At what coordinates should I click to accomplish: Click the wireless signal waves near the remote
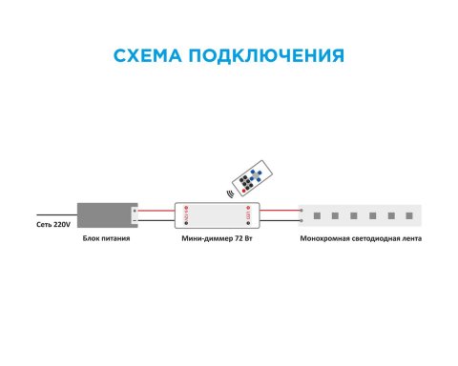(230, 193)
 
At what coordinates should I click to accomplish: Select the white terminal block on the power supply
(136, 214)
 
